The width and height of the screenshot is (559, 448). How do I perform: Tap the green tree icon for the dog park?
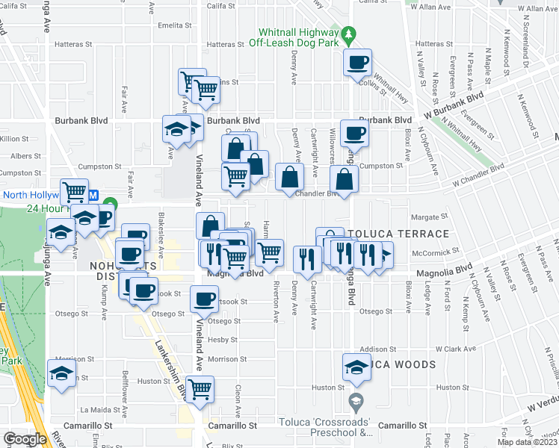pos(348,34)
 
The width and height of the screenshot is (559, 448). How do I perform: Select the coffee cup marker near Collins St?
pos(357,63)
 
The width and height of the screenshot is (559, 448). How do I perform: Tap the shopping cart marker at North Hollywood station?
pos(74,193)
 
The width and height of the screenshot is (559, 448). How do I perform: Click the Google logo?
pos(25,439)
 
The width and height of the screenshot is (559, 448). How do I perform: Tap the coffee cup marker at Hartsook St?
pos(203,299)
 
